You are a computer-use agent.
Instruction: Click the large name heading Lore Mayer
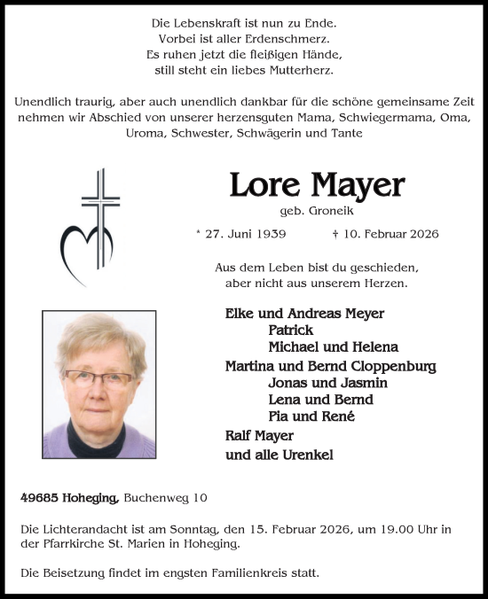click(x=317, y=185)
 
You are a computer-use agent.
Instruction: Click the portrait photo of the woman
click(x=98, y=384)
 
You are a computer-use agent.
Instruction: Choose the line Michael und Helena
click(x=333, y=346)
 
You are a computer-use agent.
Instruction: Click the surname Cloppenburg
click(x=393, y=366)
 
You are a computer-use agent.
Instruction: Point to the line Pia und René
click(x=311, y=416)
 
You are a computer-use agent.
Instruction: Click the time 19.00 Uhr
click(x=415, y=529)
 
